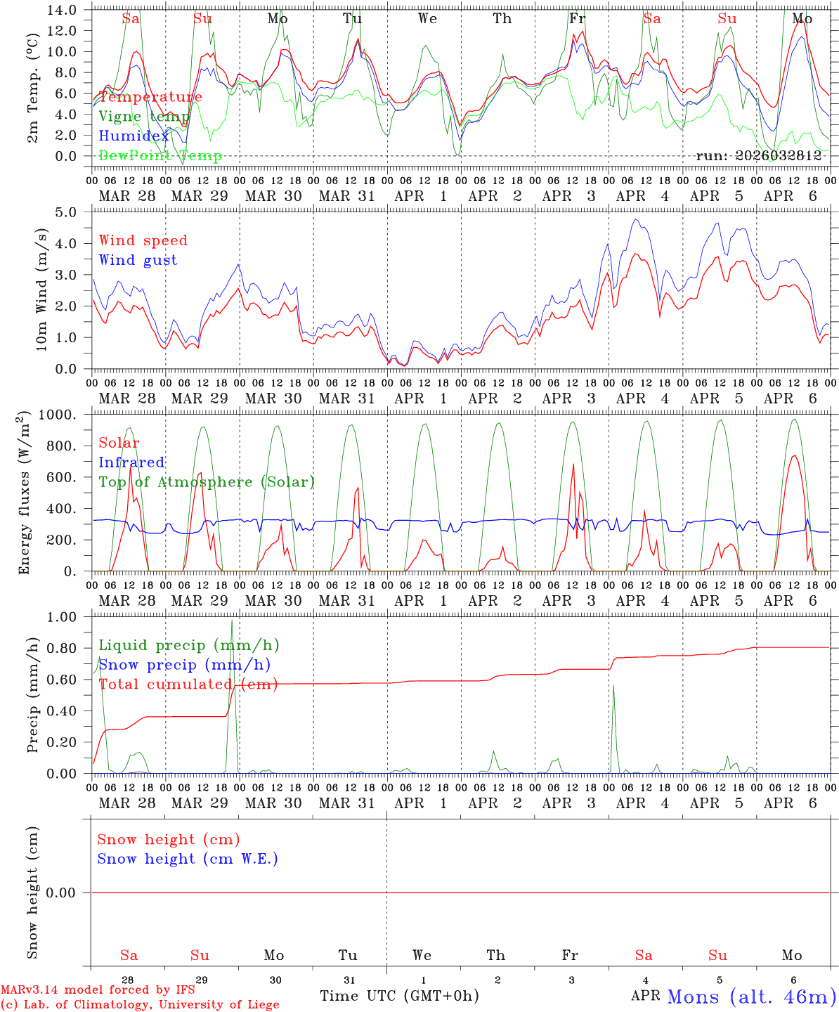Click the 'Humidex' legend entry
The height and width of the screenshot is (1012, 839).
[x=134, y=136]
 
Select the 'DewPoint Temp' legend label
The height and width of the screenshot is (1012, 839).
[x=160, y=156]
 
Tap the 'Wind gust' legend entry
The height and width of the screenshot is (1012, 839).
[x=138, y=260]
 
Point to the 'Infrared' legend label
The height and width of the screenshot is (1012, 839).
[x=131, y=462]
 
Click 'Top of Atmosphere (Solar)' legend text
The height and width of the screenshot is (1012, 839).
[x=207, y=482]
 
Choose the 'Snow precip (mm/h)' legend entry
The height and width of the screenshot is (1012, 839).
[x=184, y=665]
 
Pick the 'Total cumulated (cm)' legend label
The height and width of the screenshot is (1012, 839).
[x=188, y=685]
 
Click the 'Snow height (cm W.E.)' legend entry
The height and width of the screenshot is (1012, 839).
[x=188, y=859]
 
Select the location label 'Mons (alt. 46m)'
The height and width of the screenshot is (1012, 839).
[x=751, y=996]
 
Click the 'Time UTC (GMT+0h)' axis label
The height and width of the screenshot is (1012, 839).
[x=399, y=996]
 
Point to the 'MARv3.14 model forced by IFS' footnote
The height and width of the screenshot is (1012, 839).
[x=98, y=990]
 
